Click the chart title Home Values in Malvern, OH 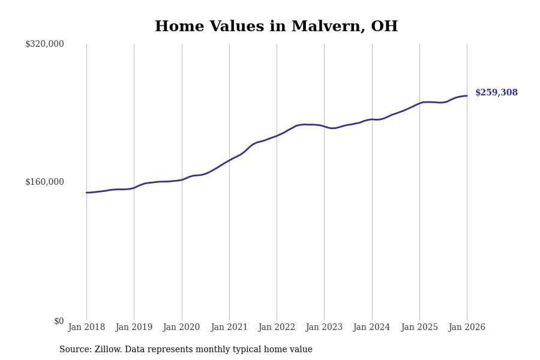[276, 27]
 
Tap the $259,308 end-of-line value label [496, 93]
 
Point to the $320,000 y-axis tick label [44, 44]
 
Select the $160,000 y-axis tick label [44, 182]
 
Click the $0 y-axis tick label [59, 321]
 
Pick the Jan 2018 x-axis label [86, 328]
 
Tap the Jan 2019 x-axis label [134, 328]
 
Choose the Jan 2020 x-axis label [181, 328]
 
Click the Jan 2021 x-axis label [229, 328]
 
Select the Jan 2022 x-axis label [277, 328]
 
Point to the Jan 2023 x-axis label [324, 328]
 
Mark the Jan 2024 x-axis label [371, 328]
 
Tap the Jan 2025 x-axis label [419, 328]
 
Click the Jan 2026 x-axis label [467, 328]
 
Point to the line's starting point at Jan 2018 [86, 193]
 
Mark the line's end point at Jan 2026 [467, 96]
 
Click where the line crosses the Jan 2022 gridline [277, 136]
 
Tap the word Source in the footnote [74, 350]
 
